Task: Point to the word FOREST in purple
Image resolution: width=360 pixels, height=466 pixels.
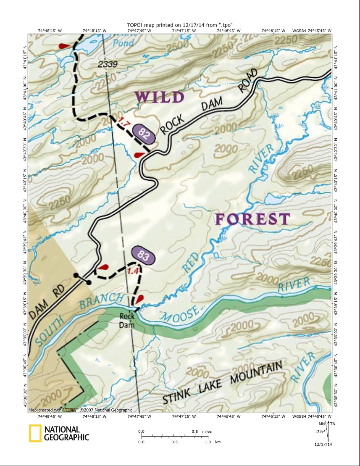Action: tap(252, 219)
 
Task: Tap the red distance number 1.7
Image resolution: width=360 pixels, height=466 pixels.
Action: tap(124, 123)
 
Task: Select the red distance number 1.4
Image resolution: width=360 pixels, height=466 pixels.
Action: tap(133, 271)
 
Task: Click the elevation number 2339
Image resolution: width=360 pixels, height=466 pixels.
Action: tap(108, 64)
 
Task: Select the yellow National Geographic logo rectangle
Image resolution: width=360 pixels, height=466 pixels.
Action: tap(35, 433)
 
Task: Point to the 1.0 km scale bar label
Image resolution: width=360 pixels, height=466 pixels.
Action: tap(207, 442)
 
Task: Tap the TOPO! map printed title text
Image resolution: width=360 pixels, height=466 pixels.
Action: tap(180, 25)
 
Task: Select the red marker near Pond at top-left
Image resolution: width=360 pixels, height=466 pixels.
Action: tap(64, 45)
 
